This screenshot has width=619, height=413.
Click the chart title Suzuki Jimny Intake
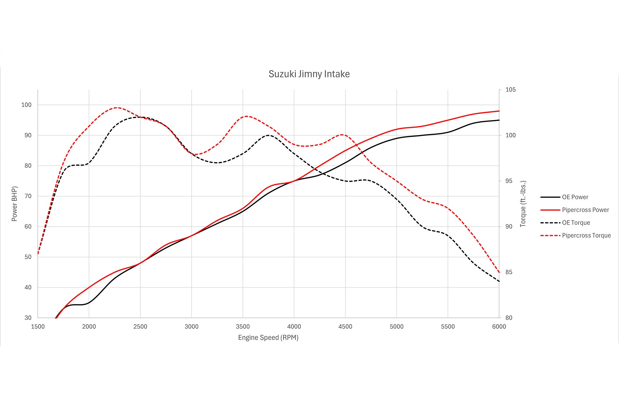click(x=309, y=74)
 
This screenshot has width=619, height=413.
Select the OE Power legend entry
click(x=575, y=197)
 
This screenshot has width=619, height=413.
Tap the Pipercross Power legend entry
click(x=585, y=210)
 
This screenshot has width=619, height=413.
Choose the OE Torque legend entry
click(x=576, y=223)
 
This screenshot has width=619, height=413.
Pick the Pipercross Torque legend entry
click(x=586, y=236)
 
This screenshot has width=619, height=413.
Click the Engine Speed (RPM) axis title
click(x=268, y=337)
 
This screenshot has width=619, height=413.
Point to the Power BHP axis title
click(x=15, y=204)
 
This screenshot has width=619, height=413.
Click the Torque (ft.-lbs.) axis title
click(x=523, y=204)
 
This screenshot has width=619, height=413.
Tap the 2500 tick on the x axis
click(x=140, y=327)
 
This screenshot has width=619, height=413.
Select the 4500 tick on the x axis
click(x=345, y=327)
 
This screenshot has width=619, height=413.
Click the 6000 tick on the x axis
click(x=499, y=327)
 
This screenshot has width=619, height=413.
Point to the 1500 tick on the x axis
click(x=38, y=327)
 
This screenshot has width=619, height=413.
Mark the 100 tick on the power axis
click(x=26, y=105)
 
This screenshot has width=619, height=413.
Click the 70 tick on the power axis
click(x=28, y=196)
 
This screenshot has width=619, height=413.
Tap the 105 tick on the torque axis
click(x=510, y=90)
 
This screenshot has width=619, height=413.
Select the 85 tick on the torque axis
click(x=509, y=272)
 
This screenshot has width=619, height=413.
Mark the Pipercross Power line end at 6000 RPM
click(x=499, y=111)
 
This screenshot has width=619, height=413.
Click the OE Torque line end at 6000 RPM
click(x=499, y=281)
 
